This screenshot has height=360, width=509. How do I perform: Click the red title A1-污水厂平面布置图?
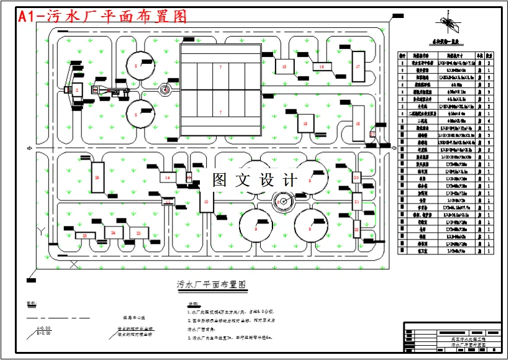[102, 16]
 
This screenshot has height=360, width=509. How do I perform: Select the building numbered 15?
[284, 66]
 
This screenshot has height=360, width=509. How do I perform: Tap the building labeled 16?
[322, 66]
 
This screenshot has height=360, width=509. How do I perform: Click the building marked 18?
[358, 124]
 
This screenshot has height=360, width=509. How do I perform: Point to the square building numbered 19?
[305, 124]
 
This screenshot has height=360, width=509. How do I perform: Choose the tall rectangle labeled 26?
[97, 178]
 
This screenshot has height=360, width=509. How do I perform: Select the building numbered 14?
[167, 178]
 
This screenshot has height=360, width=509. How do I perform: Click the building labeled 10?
[206, 202]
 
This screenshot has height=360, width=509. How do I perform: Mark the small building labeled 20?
[356, 178]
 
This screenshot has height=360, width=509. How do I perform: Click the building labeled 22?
[357, 229]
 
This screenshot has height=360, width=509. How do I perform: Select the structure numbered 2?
[77, 91]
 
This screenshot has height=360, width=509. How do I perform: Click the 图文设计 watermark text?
[255, 180]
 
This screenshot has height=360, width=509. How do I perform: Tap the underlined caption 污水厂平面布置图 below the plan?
[212, 285]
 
